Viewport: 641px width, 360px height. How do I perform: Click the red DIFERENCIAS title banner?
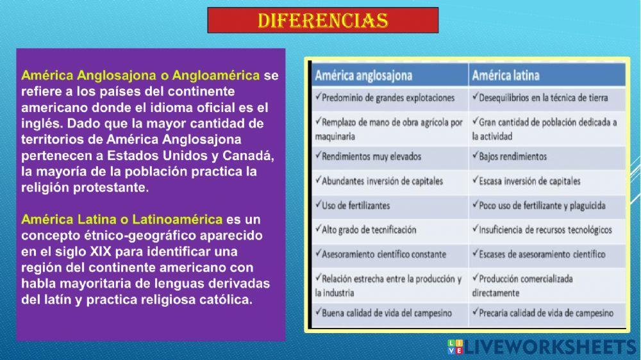click(322, 20)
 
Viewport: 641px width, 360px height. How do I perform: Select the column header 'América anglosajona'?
click(363, 75)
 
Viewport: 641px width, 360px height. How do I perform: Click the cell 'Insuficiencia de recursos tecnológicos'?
click(542, 229)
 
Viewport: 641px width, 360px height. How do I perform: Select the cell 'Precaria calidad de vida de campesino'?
click(542, 313)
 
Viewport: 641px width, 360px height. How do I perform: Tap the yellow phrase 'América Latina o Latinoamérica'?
click(122, 219)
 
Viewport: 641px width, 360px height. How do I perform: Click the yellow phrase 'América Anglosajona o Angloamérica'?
click(140, 75)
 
